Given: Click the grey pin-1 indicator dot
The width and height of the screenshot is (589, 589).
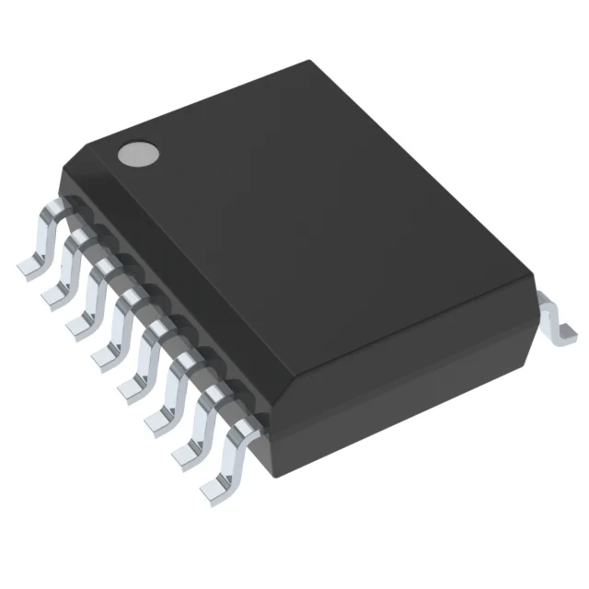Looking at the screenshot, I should coord(135,154).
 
